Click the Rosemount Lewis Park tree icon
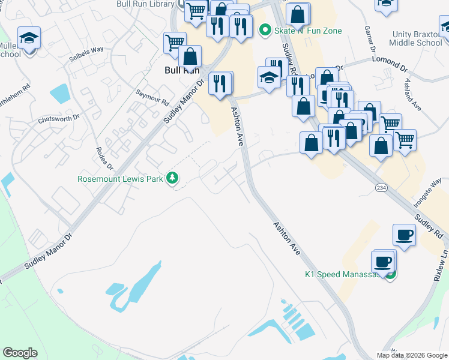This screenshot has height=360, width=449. click(x=172, y=178)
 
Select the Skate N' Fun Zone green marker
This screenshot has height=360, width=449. click(x=264, y=29)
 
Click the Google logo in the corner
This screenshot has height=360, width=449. click(x=20, y=352)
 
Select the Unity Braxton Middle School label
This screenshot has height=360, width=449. click(x=416, y=39)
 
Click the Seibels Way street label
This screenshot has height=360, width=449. click(x=86, y=49)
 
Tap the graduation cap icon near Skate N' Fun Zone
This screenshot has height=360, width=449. click(x=269, y=77)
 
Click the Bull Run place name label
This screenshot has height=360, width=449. click(x=181, y=70)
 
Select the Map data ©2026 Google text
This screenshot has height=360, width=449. click(x=412, y=355)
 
